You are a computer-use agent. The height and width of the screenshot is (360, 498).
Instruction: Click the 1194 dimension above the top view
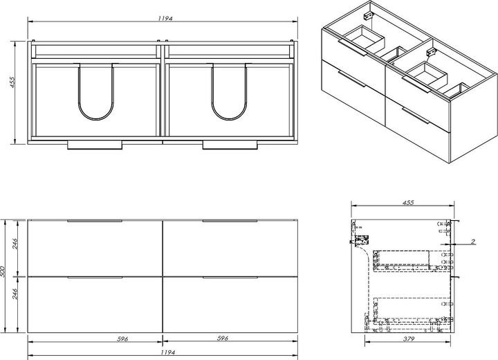point(163,15)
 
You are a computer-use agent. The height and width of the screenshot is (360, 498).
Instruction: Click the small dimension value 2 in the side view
point(472,241)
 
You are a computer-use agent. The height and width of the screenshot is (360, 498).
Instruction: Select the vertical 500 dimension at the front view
point(4,275)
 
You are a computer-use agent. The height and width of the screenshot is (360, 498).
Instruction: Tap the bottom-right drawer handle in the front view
point(230,277)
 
